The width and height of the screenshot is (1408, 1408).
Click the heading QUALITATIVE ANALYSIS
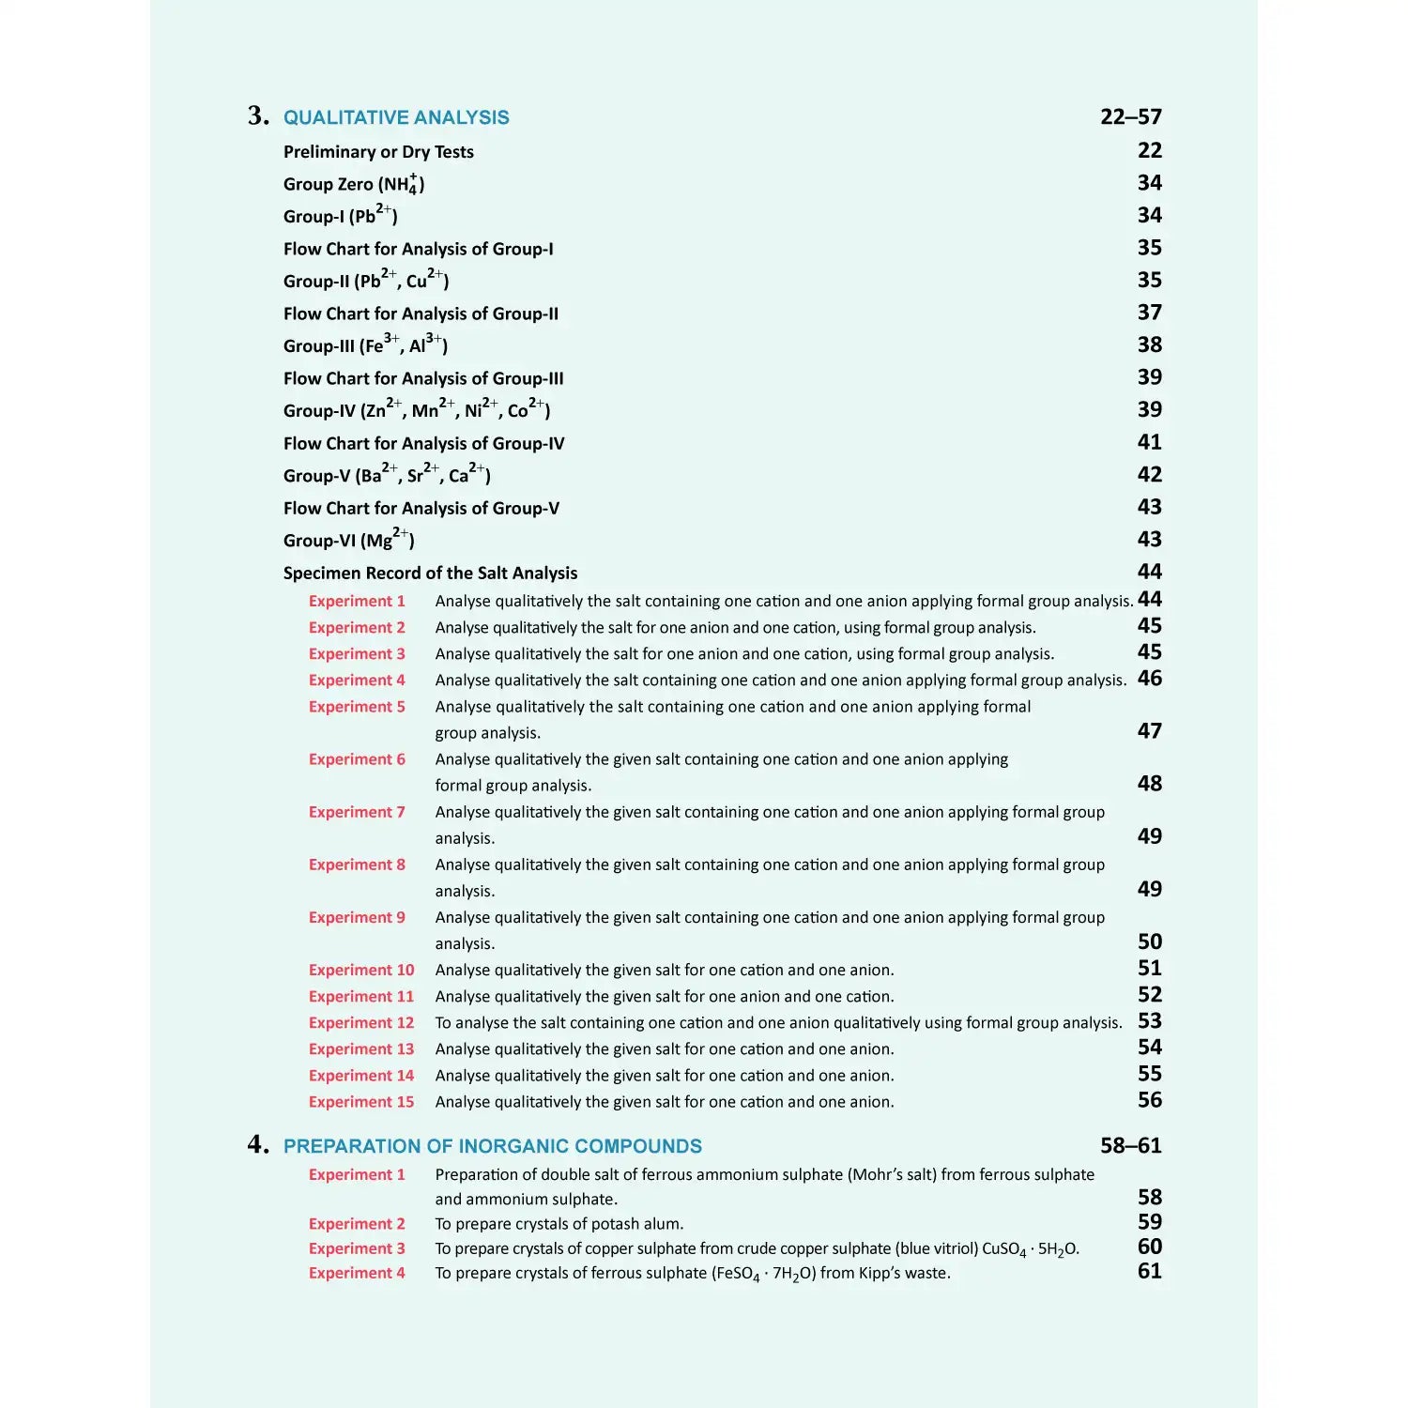(x=396, y=117)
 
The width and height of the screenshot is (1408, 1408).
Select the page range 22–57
(x=1130, y=116)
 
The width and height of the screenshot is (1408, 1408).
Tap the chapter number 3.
(x=257, y=115)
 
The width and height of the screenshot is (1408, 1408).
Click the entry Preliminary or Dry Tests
(x=378, y=152)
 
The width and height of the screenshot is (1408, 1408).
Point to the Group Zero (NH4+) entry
(x=354, y=184)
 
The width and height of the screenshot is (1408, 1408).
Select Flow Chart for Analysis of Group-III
(x=423, y=378)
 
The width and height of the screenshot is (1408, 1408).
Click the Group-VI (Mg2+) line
(x=348, y=540)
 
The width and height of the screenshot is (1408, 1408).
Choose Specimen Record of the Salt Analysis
(x=430, y=573)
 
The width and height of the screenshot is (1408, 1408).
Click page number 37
(x=1149, y=313)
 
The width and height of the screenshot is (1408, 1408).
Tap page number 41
(x=1149, y=442)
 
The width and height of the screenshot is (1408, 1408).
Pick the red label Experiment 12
(x=361, y=1023)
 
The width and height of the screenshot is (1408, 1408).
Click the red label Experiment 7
(x=357, y=812)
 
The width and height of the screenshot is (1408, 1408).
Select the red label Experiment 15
(x=361, y=1102)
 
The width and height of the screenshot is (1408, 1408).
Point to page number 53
(x=1149, y=1021)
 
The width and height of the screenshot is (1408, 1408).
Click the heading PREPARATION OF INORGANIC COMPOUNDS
(x=492, y=1146)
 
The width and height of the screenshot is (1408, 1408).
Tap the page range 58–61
(x=1130, y=1145)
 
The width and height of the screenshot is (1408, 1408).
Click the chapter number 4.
(x=257, y=1144)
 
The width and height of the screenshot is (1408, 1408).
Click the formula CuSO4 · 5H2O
(x=1030, y=1249)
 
